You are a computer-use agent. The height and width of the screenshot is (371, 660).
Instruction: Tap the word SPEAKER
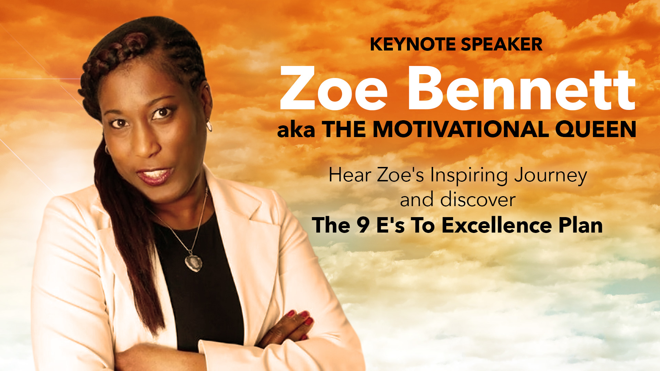pos(502,45)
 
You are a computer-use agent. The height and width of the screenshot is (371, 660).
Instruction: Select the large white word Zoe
pos(334,88)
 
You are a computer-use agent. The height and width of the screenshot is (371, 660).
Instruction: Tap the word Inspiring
pos(469,176)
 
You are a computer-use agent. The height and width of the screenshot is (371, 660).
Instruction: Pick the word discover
pos(478,200)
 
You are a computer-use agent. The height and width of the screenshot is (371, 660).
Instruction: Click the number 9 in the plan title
pos(363,226)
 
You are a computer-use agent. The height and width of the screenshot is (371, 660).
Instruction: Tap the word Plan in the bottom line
pos(581,225)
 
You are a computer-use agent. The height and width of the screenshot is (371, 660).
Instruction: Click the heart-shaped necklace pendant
pos(194,262)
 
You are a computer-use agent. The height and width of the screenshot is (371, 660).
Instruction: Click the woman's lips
pos(155,176)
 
